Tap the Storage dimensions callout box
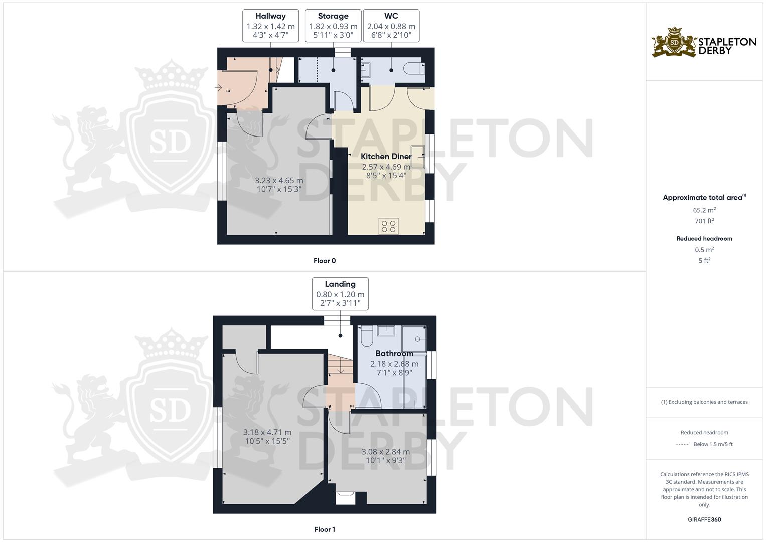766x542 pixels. click(x=333, y=26)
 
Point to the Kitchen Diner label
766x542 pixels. click(x=386, y=157)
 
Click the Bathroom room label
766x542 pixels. click(x=394, y=353)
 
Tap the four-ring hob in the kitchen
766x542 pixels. click(x=388, y=226)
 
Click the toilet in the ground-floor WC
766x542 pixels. click(x=414, y=68)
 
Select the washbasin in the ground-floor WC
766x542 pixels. click(x=366, y=70)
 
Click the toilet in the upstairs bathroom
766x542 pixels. click(x=367, y=336)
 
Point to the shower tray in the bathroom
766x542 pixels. click(x=414, y=339)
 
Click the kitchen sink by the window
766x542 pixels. click(x=418, y=157)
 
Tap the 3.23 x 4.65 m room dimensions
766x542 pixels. click(x=279, y=185)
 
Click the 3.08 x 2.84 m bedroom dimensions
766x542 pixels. click(x=386, y=456)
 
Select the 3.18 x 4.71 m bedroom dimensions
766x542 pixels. click(x=267, y=436)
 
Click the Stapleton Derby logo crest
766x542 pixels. click(x=674, y=42)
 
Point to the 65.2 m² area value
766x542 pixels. click(x=704, y=210)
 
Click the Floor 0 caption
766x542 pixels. click(x=325, y=261)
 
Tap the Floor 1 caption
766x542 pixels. click(x=325, y=529)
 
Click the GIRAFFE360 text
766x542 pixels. click(x=704, y=519)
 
